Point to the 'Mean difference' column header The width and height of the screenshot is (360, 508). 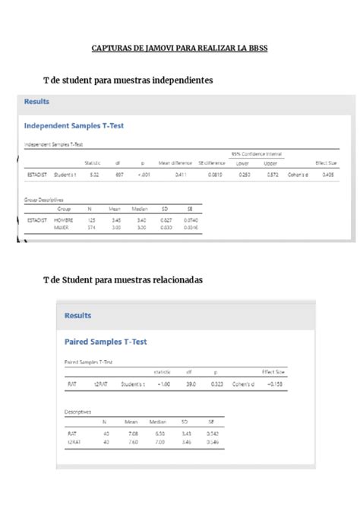[174, 162]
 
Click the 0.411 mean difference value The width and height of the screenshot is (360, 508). [181, 175]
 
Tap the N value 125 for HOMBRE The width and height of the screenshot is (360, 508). [90, 219]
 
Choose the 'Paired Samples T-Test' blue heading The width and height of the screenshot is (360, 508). [106, 342]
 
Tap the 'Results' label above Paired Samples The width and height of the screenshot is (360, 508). [77, 315]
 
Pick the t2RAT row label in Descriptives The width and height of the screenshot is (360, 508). [74, 440]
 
